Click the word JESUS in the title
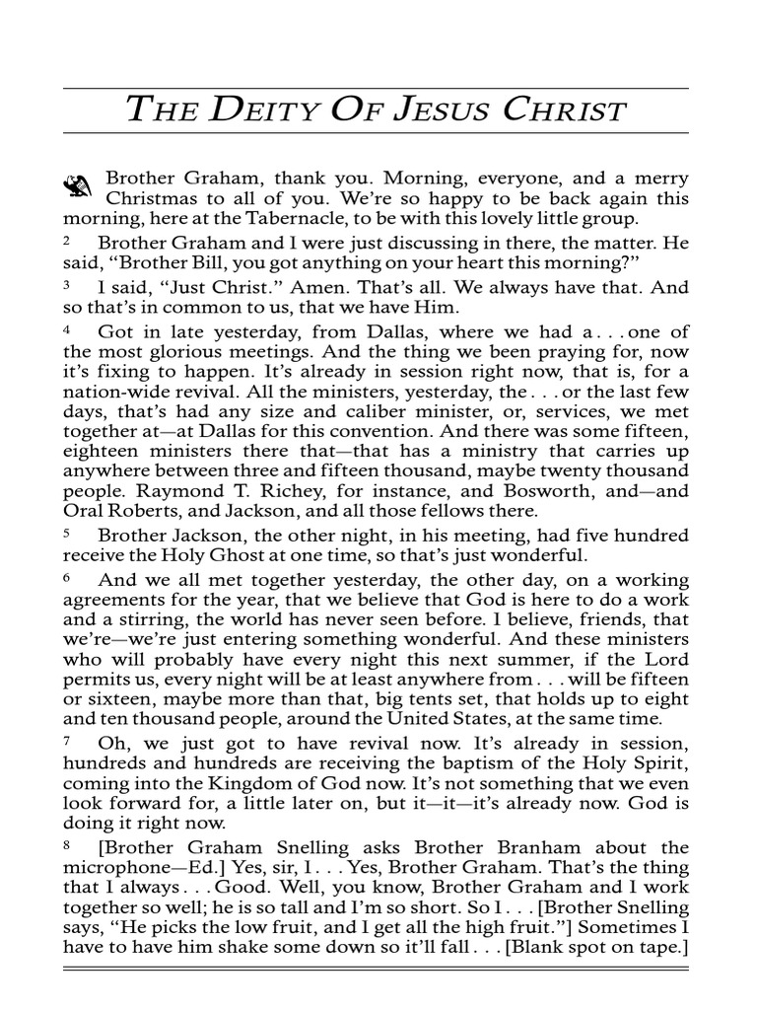(x=430, y=110)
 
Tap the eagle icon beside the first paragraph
(x=78, y=183)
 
